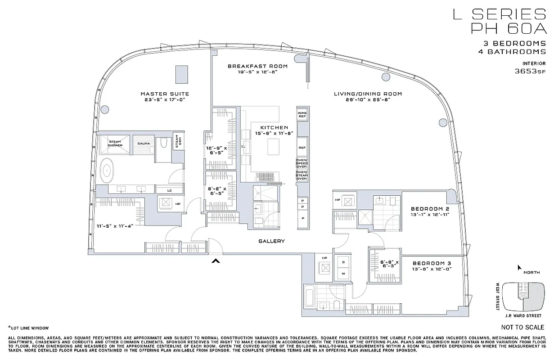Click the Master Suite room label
click(x=164, y=94)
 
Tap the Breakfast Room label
click(x=257, y=66)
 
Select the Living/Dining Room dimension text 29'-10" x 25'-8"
click(x=368, y=100)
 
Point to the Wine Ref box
click(x=302, y=114)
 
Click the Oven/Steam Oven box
click(x=302, y=175)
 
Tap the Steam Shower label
click(x=114, y=144)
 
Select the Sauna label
click(x=144, y=144)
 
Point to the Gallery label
click(x=271, y=241)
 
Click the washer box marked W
click(x=343, y=273)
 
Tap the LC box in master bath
click(x=169, y=190)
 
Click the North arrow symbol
click(x=519, y=268)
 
